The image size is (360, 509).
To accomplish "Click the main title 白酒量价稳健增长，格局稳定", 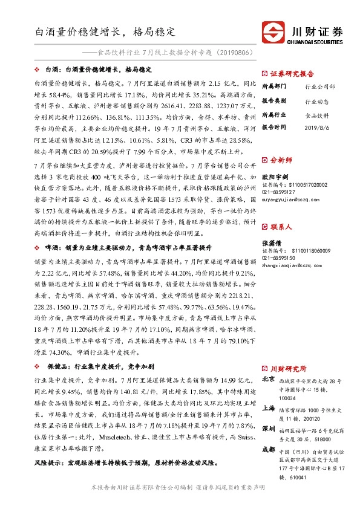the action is pos(105,29).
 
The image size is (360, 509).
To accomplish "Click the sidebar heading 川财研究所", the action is pos(288,368).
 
